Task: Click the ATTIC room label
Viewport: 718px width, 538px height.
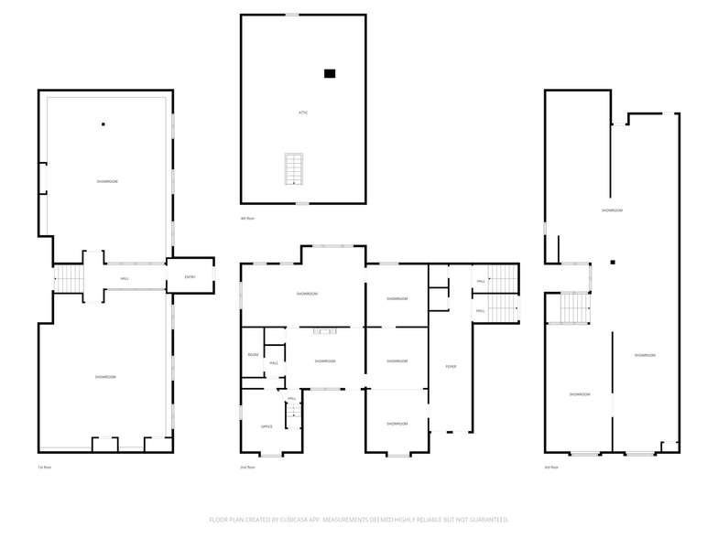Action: (x=302, y=113)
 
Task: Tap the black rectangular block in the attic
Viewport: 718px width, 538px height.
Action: (x=330, y=73)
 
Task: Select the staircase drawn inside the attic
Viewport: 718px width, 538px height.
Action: (x=294, y=168)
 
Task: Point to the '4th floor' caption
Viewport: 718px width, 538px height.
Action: (x=247, y=218)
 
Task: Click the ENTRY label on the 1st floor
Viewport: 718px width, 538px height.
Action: (x=190, y=277)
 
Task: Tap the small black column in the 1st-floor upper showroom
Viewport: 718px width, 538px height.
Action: (x=103, y=124)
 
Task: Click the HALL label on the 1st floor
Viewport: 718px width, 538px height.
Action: (x=124, y=279)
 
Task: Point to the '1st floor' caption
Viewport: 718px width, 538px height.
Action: (x=44, y=467)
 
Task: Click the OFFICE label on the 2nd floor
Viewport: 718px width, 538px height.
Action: (x=267, y=426)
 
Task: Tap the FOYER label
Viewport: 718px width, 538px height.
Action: (x=451, y=367)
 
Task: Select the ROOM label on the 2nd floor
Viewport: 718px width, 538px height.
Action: (x=253, y=355)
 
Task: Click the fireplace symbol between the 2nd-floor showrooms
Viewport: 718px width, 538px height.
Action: (x=325, y=331)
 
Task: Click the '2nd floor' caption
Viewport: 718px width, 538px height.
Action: (x=247, y=467)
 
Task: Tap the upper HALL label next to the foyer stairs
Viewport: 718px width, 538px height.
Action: (x=480, y=282)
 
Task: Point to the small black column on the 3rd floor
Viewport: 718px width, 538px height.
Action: (x=613, y=263)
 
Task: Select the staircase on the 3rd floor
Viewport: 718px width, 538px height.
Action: (x=573, y=307)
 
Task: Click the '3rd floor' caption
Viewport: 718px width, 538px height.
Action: (x=551, y=467)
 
